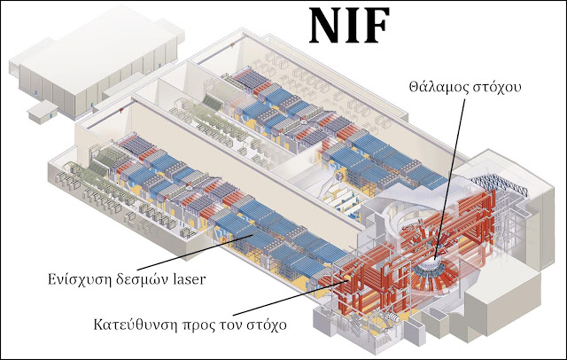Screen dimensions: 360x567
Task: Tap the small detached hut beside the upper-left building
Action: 39,111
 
